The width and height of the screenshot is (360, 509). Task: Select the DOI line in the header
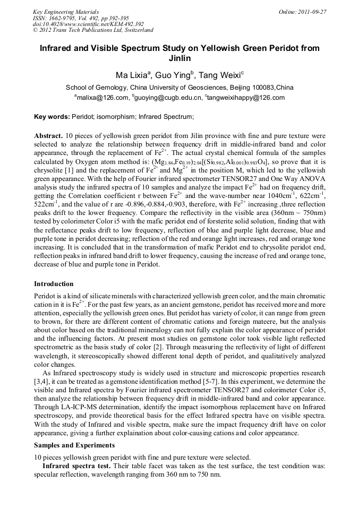tap(88, 24)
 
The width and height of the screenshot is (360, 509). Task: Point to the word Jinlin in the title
tap(179, 58)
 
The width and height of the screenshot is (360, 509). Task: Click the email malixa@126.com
tap(103, 98)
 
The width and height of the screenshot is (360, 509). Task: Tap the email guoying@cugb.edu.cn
tap(169, 98)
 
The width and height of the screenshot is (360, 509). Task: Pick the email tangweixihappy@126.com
tap(247, 98)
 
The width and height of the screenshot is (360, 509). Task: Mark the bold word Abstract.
tap(49, 135)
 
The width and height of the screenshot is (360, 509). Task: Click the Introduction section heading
tap(54, 284)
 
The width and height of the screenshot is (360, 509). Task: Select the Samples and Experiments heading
tap(74, 445)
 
